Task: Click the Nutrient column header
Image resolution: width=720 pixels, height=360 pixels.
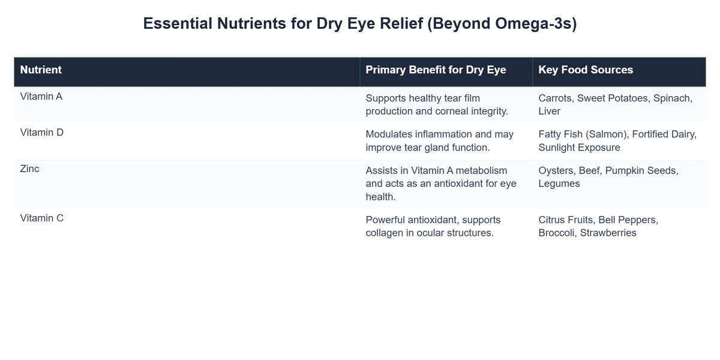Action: [41, 70]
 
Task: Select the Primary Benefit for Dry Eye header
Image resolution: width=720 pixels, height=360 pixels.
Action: [436, 70]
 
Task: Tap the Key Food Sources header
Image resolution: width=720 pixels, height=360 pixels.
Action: [586, 70]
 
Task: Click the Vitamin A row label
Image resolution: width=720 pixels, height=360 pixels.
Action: [41, 95]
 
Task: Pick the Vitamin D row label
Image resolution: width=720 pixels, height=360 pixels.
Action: [42, 132]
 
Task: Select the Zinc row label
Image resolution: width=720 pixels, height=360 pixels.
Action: [30, 169]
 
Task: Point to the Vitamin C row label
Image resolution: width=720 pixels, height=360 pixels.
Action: [42, 218]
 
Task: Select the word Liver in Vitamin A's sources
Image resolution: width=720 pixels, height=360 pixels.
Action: [550, 111]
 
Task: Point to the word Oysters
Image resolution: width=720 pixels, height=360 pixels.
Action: [557, 171]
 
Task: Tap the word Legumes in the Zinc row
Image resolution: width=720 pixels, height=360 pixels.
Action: [559, 184]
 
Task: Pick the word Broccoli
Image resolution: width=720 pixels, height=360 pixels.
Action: [558, 233]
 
